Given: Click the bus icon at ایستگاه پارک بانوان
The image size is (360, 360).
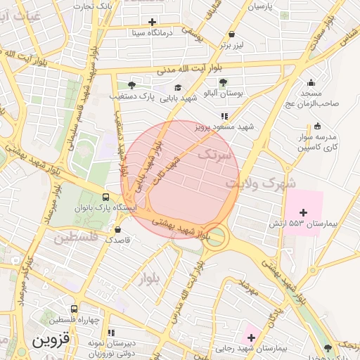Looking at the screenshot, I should click(x=105, y=198).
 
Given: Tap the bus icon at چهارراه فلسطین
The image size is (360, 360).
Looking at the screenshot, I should click(x=74, y=309).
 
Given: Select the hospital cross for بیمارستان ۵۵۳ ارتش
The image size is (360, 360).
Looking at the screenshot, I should click(x=304, y=212).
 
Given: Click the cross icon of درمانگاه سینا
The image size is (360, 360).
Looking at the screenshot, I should click(x=153, y=22).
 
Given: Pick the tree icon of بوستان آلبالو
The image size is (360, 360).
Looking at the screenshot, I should click(x=224, y=83).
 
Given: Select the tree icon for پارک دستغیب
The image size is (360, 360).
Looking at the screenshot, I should click(x=131, y=85).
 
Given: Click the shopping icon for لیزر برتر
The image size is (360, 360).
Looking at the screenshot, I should click(x=231, y=34).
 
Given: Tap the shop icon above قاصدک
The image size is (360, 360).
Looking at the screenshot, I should click(x=117, y=229).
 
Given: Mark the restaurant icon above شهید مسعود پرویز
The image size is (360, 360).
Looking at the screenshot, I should click(x=224, y=116).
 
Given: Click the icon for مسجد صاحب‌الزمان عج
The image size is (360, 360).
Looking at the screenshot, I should click(x=311, y=83).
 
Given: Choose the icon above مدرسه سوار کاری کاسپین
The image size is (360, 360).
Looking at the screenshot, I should click(x=316, y=127).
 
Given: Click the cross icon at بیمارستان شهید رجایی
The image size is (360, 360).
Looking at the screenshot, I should click(x=251, y=337).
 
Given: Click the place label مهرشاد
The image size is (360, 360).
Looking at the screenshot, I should click(x=250, y=287).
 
